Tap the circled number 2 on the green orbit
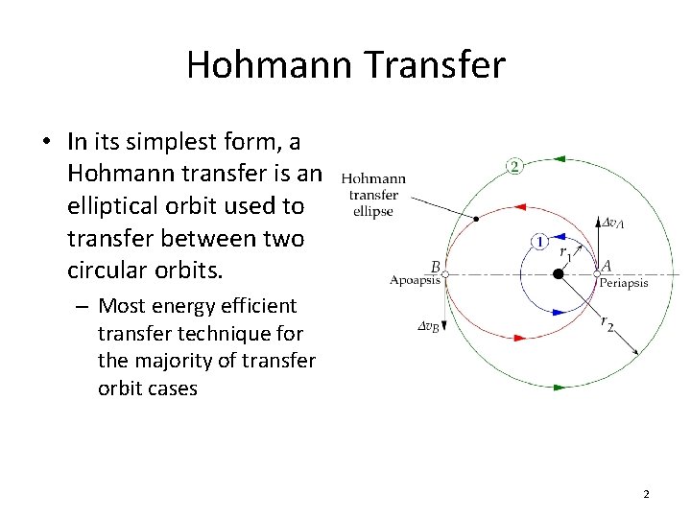514,167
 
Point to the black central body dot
558,274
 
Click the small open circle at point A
597,274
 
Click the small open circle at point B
444,274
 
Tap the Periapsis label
623,283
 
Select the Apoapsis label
416,281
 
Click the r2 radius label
608,323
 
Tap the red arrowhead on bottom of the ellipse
519,337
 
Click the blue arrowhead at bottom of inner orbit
562,312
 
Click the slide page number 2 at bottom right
646,495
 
